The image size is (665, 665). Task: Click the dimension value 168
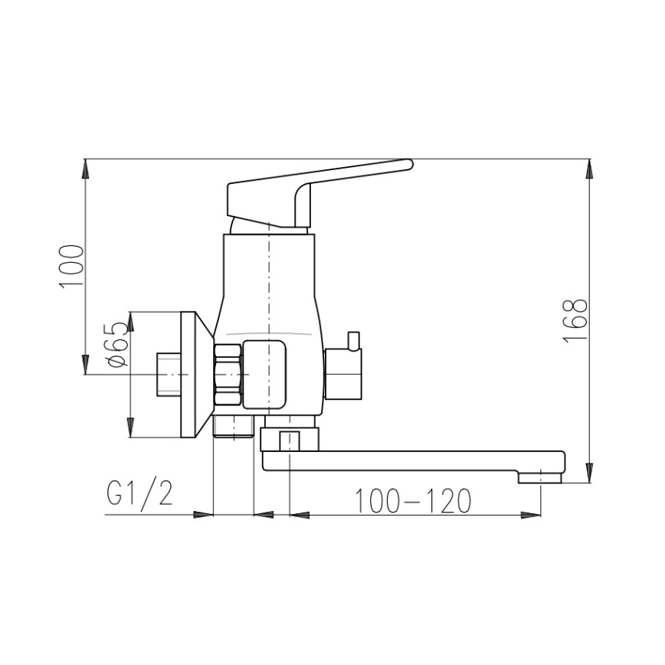(576, 320)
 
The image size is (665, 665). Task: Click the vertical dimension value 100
(71, 266)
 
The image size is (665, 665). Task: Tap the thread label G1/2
(139, 494)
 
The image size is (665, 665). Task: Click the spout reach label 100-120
(412, 501)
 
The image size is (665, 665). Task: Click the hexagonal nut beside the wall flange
(229, 375)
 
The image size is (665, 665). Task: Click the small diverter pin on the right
(353, 339)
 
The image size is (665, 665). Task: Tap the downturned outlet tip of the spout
(541, 478)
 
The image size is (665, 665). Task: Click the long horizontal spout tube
(414, 460)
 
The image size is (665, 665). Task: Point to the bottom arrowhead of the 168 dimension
(590, 473)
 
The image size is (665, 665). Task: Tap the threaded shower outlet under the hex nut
(232, 427)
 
